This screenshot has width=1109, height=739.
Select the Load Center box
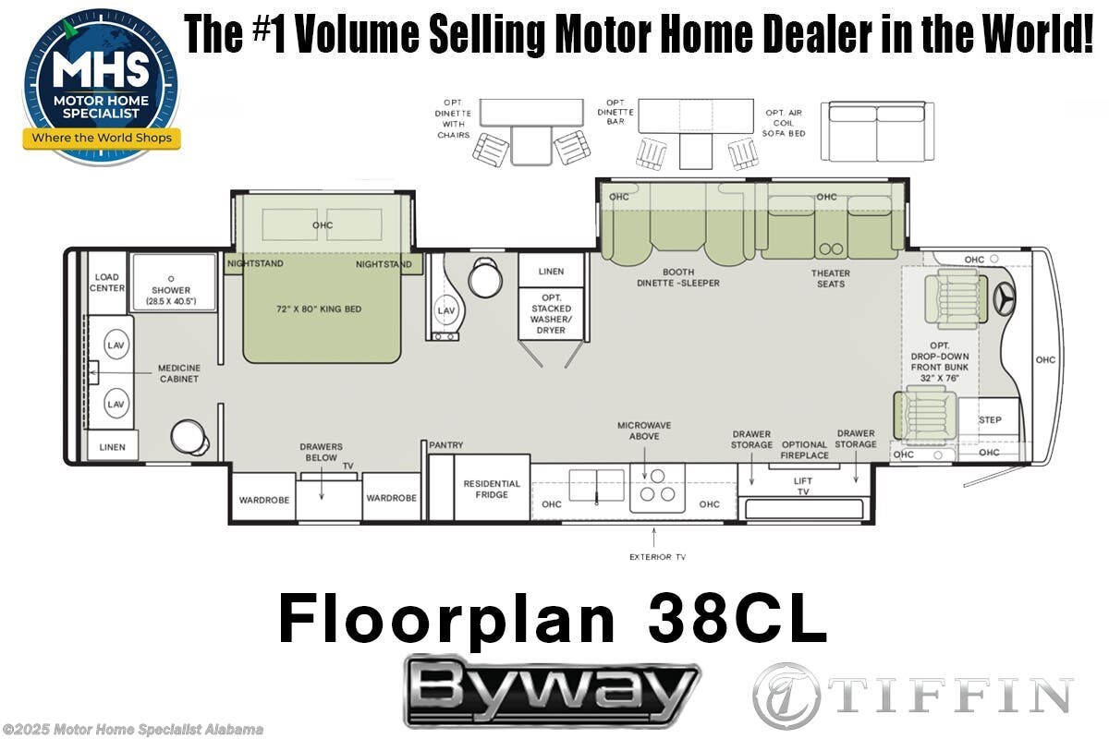106,282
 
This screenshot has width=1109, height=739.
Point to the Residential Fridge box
492,489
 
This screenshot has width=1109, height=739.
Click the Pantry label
446,445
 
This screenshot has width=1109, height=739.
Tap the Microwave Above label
644,430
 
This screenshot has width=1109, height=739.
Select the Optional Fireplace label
804,451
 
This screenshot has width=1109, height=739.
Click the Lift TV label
802,486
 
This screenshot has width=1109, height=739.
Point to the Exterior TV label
657,557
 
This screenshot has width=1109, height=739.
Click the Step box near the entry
990,420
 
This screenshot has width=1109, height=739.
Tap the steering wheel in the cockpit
1003,299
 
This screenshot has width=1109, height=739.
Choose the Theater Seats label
831,278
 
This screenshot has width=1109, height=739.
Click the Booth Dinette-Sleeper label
677,278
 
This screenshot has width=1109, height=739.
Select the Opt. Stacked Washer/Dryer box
552,313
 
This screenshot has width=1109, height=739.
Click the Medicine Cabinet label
178,373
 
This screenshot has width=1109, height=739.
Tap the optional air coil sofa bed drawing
876,130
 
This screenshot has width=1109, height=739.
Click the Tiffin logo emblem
786,695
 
